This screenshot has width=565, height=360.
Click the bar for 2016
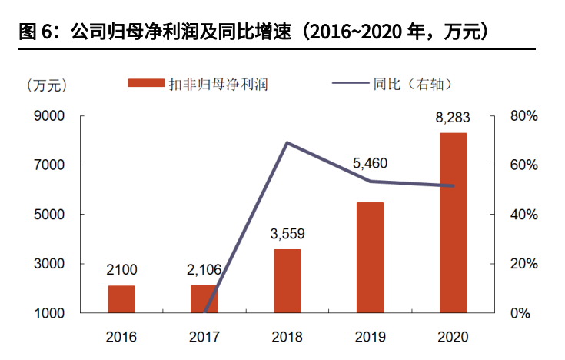coord(121,299)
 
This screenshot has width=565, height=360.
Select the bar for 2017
coord(204,299)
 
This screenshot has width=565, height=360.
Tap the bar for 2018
coord(287,281)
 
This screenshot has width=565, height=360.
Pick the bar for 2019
coord(370,258)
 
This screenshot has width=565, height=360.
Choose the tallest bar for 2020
coord(453,223)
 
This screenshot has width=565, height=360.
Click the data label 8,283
coord(452,118)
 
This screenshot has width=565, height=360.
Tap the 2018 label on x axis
coord(287,337)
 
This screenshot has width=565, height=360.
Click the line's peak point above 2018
coord(287,142)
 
